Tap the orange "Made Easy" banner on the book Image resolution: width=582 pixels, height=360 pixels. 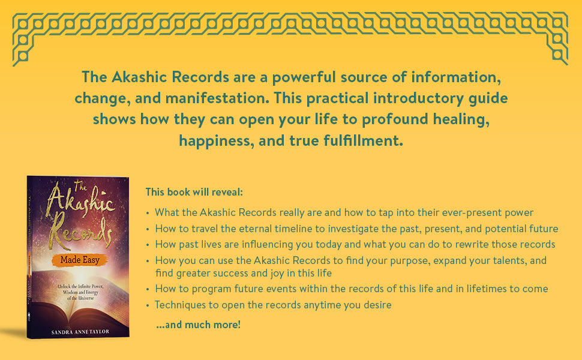pos(79,260)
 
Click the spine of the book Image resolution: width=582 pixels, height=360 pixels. pos(32,258)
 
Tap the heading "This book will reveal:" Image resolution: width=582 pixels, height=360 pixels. pos(194,193)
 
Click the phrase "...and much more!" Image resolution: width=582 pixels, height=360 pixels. pos(198,325)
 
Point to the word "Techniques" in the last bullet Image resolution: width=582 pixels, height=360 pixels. pos(181,305)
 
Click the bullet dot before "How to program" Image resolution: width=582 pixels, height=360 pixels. pos(148,289)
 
